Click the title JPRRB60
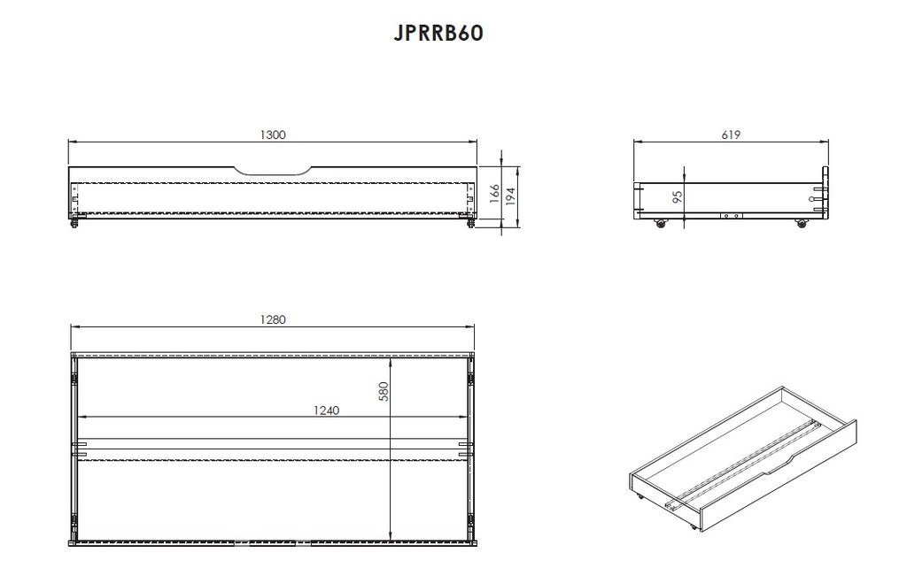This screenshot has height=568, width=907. click(x=438, y=33)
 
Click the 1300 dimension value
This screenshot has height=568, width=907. click(x=273, y=134)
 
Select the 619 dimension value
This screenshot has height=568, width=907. click(x=731, y=134)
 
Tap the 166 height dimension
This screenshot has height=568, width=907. click(x=494, y=194)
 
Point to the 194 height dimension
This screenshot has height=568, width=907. click(x=511, y=196)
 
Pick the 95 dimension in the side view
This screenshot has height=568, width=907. click(x=678, y=196)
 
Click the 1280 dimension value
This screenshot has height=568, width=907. click(x=273, y=319)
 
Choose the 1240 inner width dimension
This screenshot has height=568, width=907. click(x=327, y=411)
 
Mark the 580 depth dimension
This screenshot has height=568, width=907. click(x=384, y=391)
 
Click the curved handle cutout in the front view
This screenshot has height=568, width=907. click(x=273, y=173)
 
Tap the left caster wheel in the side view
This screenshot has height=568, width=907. click(x=659, y=223)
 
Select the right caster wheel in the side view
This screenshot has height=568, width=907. click(x=801, y=223)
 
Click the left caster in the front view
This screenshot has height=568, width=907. click(x=75, y=222)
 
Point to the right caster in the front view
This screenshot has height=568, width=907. click(x=470, y=222)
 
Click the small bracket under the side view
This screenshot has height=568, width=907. click(x=731, y=216)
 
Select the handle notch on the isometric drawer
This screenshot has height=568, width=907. click(x=778, y=465)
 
